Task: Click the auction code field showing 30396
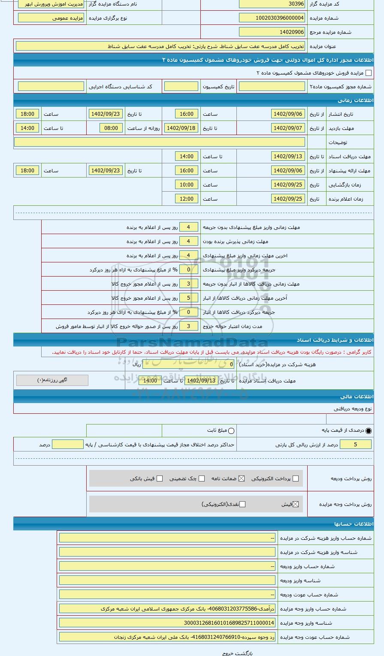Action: coord(272,4)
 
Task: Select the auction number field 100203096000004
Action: coord(272,18)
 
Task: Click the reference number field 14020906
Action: coord(272,32)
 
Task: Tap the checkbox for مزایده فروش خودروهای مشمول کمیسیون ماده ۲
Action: coord(368,73)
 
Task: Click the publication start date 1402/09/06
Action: coord(288,114)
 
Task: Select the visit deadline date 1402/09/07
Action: coord(288,128)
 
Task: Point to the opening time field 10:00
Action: coord(186,185)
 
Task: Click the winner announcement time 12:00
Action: coord(186,199)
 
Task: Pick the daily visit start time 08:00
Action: coord(111,128)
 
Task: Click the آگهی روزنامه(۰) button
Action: coord(52,380)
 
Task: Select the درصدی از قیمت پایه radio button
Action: coord(369,430)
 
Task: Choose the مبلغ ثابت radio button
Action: coord(232,430)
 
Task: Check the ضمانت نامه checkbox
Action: coord(242,478)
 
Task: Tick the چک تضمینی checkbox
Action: coord(202,478)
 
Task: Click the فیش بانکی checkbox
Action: coord(160,478)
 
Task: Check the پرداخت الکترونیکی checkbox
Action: coord(295,478)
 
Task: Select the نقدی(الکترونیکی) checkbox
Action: coord(242,504)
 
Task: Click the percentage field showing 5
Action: coord(355,445)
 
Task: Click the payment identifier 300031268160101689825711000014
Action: coord(167,623)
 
